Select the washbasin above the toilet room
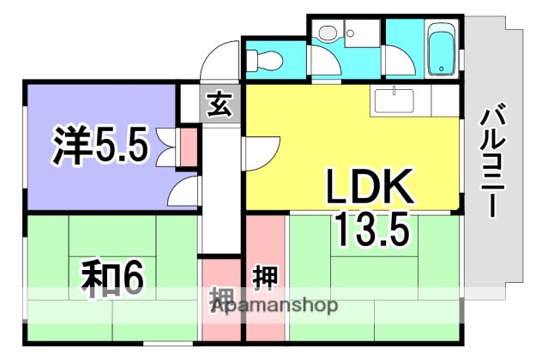(327, 33)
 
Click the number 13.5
(370, 228)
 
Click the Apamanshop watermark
(274, 305)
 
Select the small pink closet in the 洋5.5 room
(187, 147)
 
